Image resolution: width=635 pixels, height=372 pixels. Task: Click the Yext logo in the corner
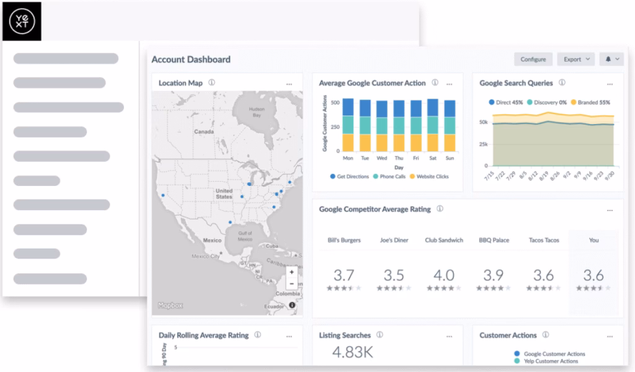pyautogui.click(x=21, y=21)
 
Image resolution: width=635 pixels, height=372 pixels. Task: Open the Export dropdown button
pyautogui.click(x=575, y=60)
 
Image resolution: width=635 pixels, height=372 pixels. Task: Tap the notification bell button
pyautogui.click(x=611, y=60)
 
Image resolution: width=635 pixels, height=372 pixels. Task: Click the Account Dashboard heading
pyautogui.click(x=191, y=60)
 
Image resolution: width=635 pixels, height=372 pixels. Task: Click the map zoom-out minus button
pyautogui.click(x=291, y=284)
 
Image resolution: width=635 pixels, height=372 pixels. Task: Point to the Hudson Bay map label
pyautogui.click(x=256, y=112)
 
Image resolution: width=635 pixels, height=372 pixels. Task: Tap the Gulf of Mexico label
pyautogui.click(x=245, y=236)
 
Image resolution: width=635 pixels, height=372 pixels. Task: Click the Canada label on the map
pyautogui.click(x=203, y=132)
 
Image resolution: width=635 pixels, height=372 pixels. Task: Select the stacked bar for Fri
pyautogui.click(x=415, y=125)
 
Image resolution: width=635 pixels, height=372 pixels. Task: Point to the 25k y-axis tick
pyautogui.click(x=482, y=144)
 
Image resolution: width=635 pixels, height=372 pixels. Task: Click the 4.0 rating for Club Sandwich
pyautogui.click(x=444, y=275)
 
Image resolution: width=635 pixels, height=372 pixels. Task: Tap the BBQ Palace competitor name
pyautogui.click(x=494, y=240)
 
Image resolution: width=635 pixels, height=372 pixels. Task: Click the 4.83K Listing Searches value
pyautogui.click(x=352, y=353)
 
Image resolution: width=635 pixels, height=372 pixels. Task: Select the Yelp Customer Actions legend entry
pyautogui.click(x=550, y=361)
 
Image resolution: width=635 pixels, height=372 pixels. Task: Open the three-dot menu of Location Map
pyautogui.click(x=289, y=84)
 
